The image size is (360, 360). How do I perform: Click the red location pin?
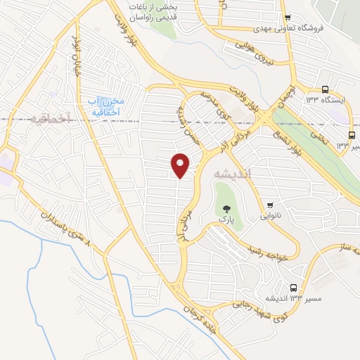(181, 165)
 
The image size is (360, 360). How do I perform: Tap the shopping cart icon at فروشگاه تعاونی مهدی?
(288, 18)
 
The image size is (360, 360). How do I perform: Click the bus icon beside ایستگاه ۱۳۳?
(325, 89)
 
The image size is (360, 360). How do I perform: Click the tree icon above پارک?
(226, 208)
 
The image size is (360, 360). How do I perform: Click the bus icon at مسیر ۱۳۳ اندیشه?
(293, 288)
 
